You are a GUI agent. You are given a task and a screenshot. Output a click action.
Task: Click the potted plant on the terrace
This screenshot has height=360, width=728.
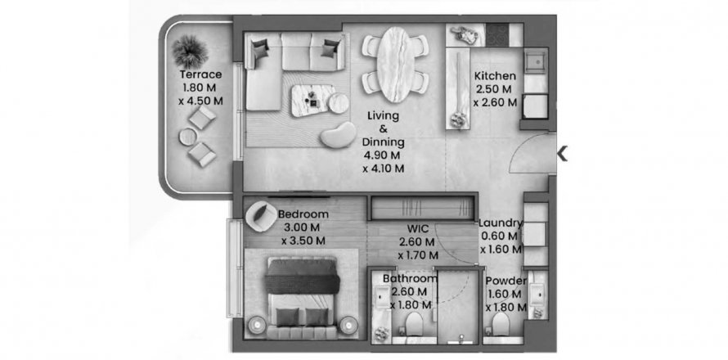tap(190, 52)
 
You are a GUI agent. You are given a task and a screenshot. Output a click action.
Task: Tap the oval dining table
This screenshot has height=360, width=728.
tap(395, 64)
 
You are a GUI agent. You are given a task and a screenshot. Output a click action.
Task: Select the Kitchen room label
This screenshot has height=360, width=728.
tap(495, 76)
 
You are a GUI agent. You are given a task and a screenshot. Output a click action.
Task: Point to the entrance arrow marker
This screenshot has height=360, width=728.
tap(562, 153)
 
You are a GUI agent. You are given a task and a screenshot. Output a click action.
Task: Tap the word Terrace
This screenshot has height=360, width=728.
tap(200, 74)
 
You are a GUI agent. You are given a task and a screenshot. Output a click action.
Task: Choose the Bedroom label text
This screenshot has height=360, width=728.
tap(303, 214)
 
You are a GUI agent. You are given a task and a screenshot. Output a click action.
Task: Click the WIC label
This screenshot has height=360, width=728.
tap(417, 228)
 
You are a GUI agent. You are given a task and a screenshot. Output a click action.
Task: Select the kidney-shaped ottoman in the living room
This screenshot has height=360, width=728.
tap(338, 135)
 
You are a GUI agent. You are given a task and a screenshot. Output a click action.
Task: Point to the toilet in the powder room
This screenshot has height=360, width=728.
tap(501, 323)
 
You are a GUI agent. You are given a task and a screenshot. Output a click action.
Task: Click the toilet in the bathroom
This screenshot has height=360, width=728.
tap(414, 324)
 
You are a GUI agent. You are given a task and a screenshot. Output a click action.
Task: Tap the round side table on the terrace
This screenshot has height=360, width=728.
tap(187, 137)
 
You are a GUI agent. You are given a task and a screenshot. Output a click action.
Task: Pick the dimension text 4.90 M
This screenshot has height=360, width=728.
tap(383, 155)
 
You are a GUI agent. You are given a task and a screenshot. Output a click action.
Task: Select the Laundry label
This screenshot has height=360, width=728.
tap(501, 223)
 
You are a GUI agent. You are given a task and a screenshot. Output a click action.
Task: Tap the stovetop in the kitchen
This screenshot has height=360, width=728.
tap(497, 35)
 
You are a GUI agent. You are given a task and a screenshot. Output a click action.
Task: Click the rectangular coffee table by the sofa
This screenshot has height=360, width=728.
tap(314, 100)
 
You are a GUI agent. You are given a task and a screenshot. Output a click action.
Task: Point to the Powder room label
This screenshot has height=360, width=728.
tap(506, 281)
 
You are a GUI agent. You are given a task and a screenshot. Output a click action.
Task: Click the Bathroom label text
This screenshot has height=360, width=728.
tap(411, 279)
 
